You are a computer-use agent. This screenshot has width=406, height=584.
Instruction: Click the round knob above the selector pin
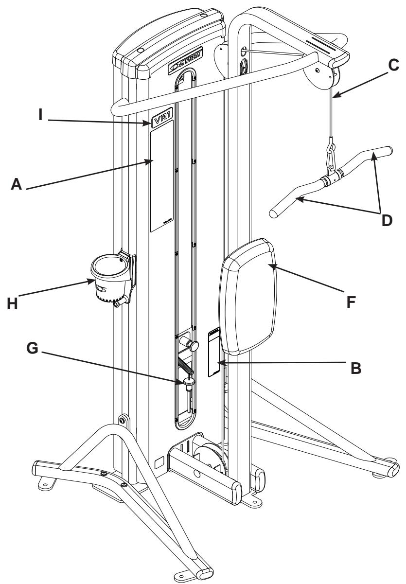click(194, 346)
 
